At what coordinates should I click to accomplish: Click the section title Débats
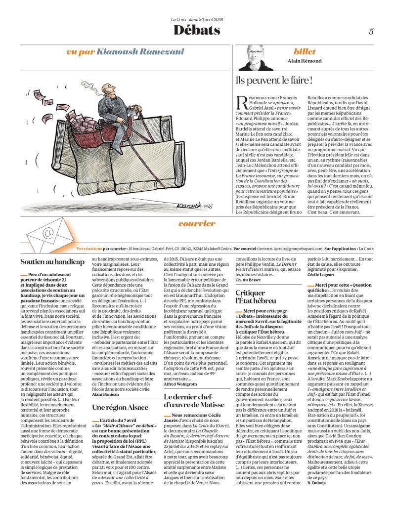tap(197, 31)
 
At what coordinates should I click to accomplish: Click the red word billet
tap(305, 51)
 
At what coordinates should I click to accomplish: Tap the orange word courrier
tap(197, 223)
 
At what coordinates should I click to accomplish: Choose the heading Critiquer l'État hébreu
tap(252, 297)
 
